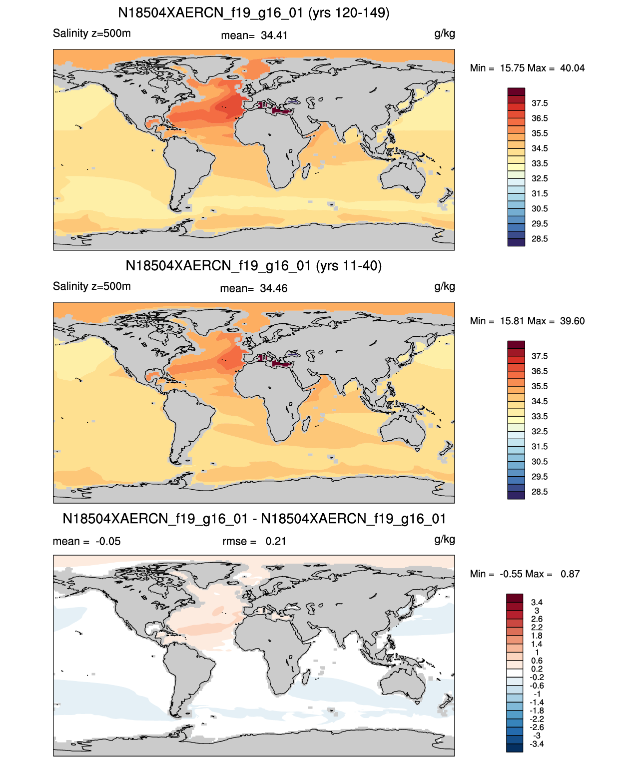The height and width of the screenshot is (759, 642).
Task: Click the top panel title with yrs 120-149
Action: (254, 13)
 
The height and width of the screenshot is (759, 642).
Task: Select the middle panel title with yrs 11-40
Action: (254, 265)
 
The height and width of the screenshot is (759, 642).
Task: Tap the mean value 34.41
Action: (274, 35)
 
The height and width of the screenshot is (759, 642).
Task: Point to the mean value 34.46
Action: (273, 288)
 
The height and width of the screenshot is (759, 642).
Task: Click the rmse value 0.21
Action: (276, 541)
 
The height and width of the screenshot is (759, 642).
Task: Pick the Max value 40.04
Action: (572, 68)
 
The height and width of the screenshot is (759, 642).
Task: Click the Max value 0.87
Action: (570, 574)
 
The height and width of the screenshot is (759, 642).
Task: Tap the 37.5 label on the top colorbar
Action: (540, 103)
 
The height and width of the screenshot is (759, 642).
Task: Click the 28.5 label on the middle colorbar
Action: (540, 492)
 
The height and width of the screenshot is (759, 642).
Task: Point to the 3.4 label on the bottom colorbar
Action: (537, 602)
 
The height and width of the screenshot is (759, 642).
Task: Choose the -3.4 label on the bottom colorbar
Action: (537, 745)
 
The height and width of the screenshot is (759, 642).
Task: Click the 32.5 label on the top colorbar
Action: (540, 178)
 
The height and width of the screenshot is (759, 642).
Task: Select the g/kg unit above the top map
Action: (445, 34)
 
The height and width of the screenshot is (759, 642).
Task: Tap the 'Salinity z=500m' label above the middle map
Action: (92, 286)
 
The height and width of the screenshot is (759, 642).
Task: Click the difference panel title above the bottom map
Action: (254, 519)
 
